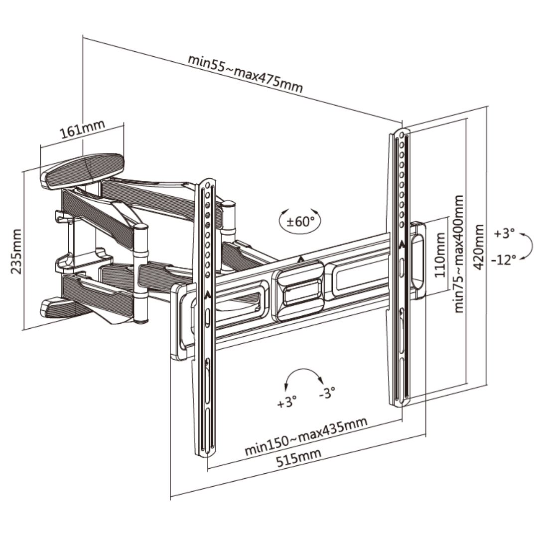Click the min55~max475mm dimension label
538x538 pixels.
(x=245, y=73)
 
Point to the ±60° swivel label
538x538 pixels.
(x=300, y=221)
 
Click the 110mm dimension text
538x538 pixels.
(x=440, y=257)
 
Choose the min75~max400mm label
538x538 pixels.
(x=459, y=254)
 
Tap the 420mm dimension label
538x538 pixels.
(x=479, y=247)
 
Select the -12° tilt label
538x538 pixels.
(x=503, y=260)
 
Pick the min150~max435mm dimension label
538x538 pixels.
(x=306, y=436)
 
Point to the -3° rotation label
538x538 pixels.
(x=327, y=393)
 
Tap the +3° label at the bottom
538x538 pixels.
(x=286, y=402)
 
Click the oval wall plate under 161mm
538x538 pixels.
(x=83, y=169)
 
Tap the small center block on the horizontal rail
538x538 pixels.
(x=297, y=291)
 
